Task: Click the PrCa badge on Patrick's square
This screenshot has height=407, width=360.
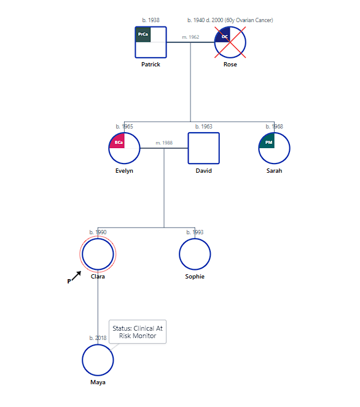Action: [143, 34]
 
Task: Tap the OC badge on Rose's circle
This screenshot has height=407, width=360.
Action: [224, 36]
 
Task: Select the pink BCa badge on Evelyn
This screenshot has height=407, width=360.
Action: [118, 143]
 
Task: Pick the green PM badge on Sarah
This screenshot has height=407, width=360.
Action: [268, 142]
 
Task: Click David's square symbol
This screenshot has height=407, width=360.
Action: [203, 148]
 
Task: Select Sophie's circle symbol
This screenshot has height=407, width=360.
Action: [195, 254]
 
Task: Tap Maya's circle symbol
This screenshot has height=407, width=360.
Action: [98, 360]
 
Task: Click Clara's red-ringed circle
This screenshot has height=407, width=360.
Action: [98, 254]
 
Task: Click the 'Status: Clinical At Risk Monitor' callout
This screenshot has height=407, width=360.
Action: [138, 332]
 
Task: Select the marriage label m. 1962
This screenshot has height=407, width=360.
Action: [190, 37]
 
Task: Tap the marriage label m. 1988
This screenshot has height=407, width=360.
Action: [164, 143]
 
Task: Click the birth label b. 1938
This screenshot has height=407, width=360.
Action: [151, 20]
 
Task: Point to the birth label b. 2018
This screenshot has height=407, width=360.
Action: [98, 338]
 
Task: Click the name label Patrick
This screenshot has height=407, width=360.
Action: [151, 65]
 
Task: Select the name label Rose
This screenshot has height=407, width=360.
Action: [230, 65]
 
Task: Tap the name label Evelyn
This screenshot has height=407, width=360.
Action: [124, 171]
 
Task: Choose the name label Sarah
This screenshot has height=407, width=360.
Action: [274, 171]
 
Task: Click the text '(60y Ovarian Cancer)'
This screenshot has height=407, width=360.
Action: [248, 20]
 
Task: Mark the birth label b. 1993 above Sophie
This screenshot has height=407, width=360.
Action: [195, 232]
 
